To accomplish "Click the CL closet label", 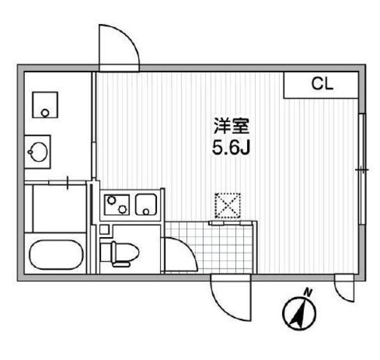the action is (322, 83).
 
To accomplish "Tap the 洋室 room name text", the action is (232, 127).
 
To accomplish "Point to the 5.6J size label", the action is (231, 148).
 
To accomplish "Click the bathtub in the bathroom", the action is (56, 255).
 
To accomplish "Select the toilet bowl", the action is (124, 253).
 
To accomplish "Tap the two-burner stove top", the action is (117, 205).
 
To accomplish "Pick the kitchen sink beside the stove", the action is (146, 205).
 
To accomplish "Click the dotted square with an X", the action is (227, 206).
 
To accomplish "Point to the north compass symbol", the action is (299, 311).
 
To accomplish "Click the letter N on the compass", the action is (309, 291).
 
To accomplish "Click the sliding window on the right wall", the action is (362, 169).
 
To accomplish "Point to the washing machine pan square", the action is (45, 105).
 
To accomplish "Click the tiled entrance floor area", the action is (210, 247).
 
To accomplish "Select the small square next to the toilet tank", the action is (104, 230).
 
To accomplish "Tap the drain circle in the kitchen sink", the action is (146, 211).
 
